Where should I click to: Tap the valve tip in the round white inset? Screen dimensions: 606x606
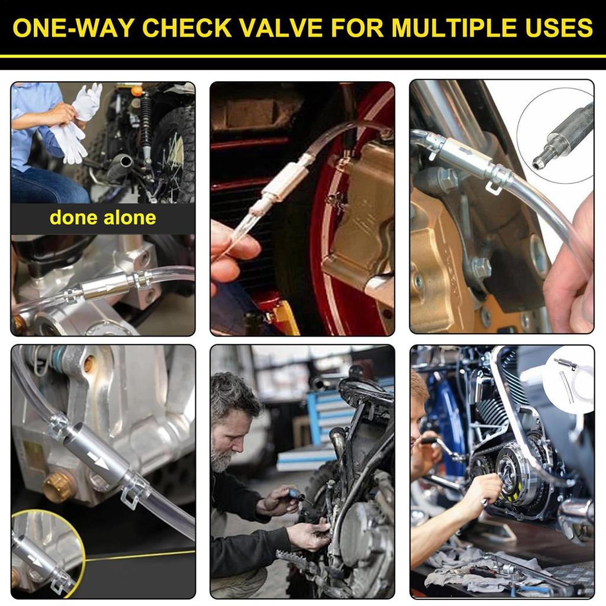tap(539, 162)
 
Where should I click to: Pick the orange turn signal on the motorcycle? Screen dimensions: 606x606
tap(137, 91)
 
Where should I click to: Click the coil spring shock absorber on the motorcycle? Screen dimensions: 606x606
tap(146, 124)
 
